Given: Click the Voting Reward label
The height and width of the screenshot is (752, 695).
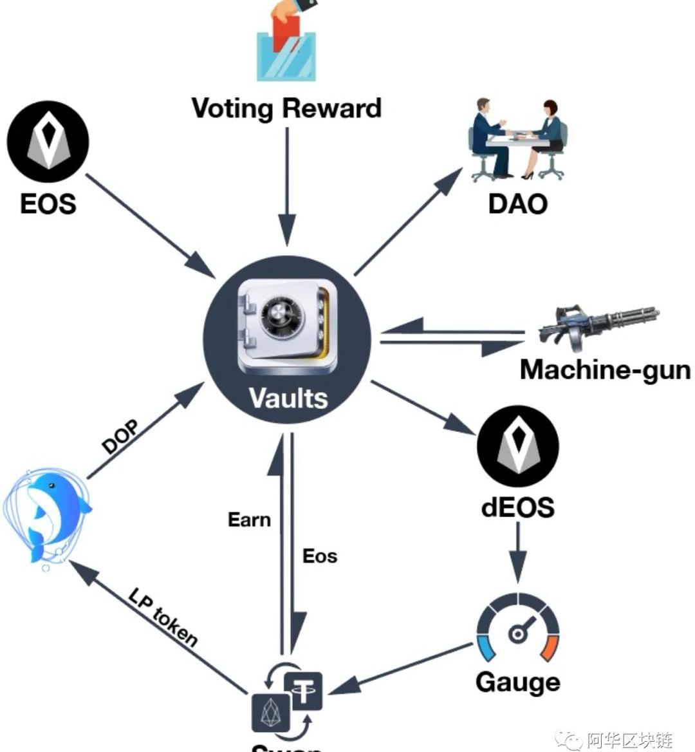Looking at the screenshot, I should (x=286, y=108).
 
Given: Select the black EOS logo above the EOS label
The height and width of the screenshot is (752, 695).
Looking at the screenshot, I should (x=48, y=142).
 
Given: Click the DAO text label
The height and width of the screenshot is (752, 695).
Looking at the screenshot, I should (x=517, y=203).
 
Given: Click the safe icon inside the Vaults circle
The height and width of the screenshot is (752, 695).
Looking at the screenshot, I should (x=287, y=326).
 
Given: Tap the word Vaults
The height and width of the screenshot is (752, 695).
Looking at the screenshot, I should (x=288, y=397).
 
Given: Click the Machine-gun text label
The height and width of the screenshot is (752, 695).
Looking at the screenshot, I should (x=605, y=370).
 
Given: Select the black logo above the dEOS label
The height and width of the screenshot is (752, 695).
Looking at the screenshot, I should (x=517, y=446).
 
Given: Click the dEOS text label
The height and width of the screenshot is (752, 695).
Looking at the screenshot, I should (x=517, y=507).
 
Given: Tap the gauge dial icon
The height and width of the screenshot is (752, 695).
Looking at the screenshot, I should (x=517, y=628).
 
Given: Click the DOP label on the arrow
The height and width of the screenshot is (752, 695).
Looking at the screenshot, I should (x=120, y=437).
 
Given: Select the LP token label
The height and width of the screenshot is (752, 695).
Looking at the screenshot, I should (x=163, y=617).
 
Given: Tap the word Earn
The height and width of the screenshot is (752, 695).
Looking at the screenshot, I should (x=249, y=520).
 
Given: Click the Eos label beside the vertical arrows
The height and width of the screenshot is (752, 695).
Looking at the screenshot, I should (x=320, y=556).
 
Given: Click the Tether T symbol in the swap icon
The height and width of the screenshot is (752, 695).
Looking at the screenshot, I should (x=302, y=691).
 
